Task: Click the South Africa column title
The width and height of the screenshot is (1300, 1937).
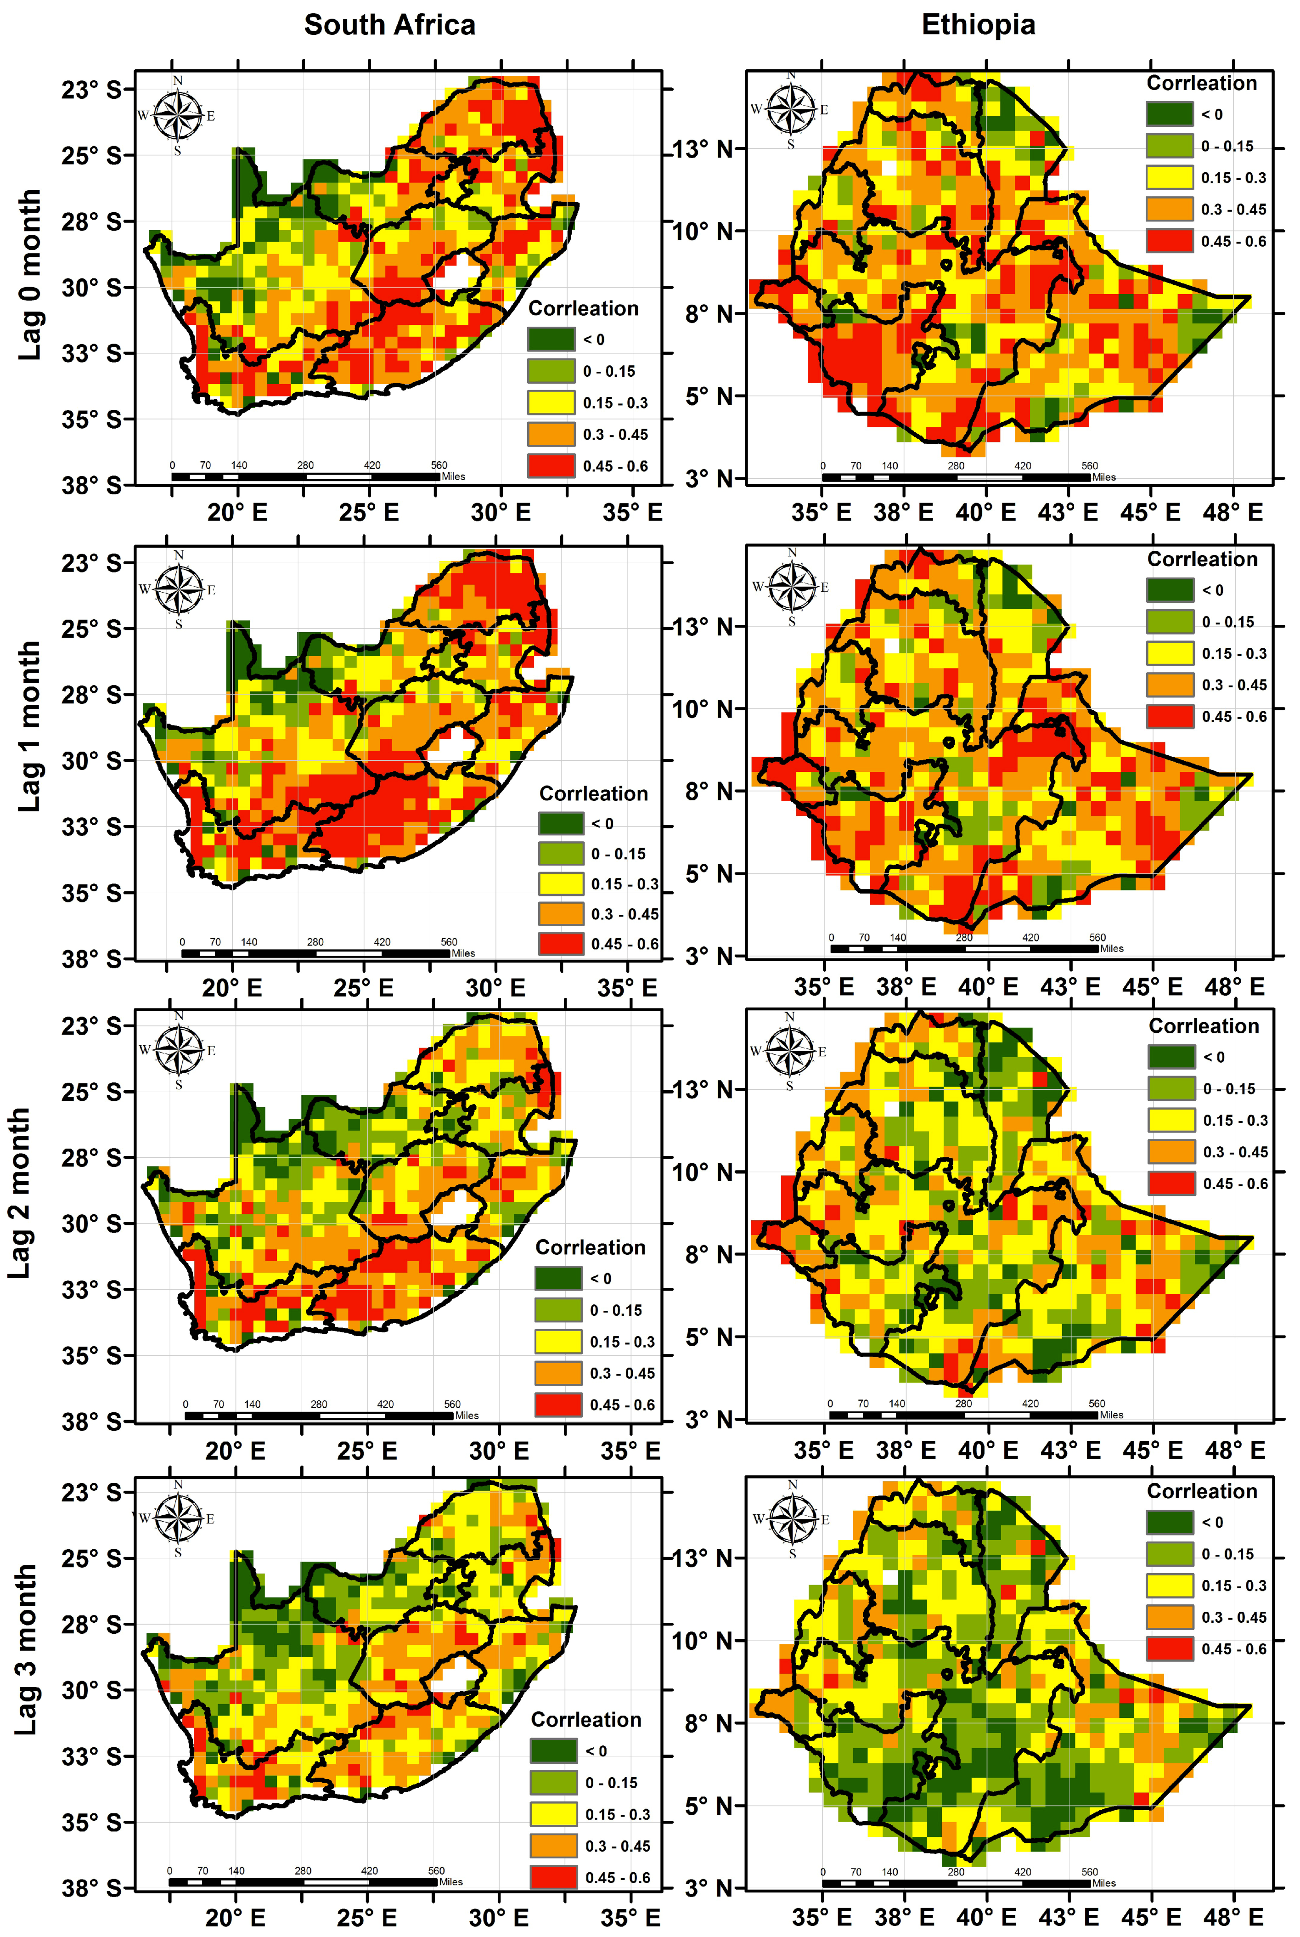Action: click(390, 25)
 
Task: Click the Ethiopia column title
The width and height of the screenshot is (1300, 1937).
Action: click(978, 25)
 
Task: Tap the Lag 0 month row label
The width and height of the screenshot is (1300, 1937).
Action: click(30, 274)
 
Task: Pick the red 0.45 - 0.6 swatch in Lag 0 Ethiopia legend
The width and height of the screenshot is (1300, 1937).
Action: click(1169, 241)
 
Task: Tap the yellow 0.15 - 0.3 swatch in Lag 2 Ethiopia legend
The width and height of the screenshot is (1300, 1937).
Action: click(1171, 1120)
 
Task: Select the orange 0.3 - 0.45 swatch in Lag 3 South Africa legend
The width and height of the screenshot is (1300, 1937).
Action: click(553, 1845)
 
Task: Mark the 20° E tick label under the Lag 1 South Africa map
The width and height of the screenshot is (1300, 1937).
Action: click(232, 988)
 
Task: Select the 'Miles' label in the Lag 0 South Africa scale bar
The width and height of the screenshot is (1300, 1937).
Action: click(454, 477)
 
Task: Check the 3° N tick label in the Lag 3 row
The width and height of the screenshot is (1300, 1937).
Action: click(709, 1888)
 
